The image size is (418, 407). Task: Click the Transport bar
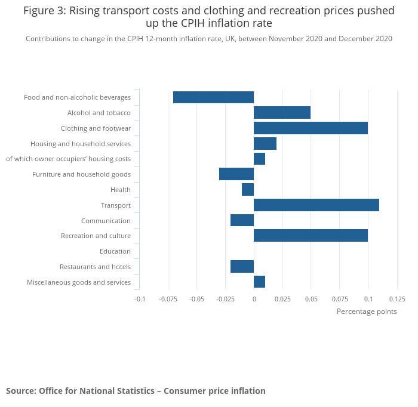click(316, 205)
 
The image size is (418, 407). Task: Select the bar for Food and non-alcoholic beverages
click(213, 97)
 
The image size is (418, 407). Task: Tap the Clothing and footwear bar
click(311, 128)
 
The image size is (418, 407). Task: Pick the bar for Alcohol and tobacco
click(282, 113)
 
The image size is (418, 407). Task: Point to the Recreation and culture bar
click(311, 236)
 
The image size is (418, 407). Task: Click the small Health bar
click(248, 190)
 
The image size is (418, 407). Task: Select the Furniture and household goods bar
click(236, 174)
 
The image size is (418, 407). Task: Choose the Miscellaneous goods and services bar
click(259, 282)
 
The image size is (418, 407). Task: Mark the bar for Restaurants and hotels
click(242, 267)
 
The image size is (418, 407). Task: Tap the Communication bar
click(242, 220)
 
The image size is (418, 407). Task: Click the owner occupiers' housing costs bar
click(259, 159)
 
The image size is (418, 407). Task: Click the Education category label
click(115, 251)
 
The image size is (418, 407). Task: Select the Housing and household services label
click(81, 144)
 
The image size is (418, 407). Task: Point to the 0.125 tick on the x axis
click(397, 299)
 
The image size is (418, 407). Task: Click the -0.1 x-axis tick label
click(139, 299)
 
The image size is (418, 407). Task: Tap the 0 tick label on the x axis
click(254, 299)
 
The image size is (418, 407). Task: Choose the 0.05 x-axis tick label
click(311, 299)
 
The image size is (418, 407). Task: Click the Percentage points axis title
click(367, 312)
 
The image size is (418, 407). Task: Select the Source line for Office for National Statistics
click(136, 391)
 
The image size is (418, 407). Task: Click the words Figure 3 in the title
click(44, 11)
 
